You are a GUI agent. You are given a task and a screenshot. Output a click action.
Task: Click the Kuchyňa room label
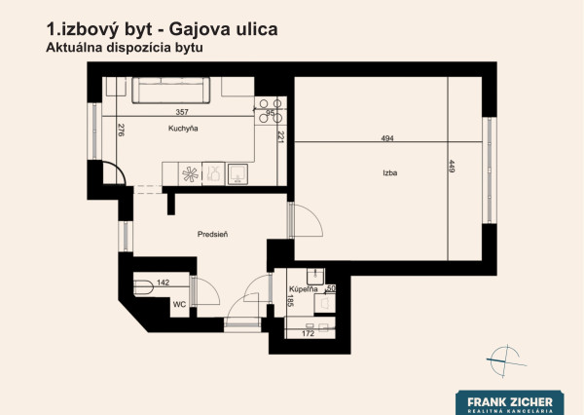(x=183, y=129)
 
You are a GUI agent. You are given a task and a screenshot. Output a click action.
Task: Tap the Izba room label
(x=390, y=172)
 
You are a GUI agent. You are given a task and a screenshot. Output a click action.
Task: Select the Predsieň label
(x=212, y=234)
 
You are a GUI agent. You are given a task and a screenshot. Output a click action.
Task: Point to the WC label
(x=179, y=304)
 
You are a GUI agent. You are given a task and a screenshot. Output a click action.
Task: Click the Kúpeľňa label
(x=304, y=289)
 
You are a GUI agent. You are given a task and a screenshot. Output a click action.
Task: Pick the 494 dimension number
(x=387, y=138)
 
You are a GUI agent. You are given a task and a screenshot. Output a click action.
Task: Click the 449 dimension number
(x=452, y=167)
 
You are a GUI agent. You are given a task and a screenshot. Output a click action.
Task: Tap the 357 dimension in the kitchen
(x=182, y=111)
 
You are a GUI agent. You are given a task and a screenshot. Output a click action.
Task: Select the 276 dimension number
(x=121, y=130)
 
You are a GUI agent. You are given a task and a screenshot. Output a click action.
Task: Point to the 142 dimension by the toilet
(x=163, y=283)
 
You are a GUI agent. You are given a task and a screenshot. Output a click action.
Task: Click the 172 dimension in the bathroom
(x=308, y=333)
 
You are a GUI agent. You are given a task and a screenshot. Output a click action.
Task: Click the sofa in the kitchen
(x=171, y=91)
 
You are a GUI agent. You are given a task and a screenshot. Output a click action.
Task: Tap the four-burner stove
(x=271, y=111)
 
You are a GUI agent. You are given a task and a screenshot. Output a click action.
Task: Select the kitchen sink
(x=237, y=173)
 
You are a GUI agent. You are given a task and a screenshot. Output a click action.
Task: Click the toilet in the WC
(x=143, y=287)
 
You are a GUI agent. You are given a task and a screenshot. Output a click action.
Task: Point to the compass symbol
(x=506, y=361)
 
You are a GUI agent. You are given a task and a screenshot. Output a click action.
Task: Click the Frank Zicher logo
(x=509, y=402)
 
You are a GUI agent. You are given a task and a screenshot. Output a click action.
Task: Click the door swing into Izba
(x=307, y=220)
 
